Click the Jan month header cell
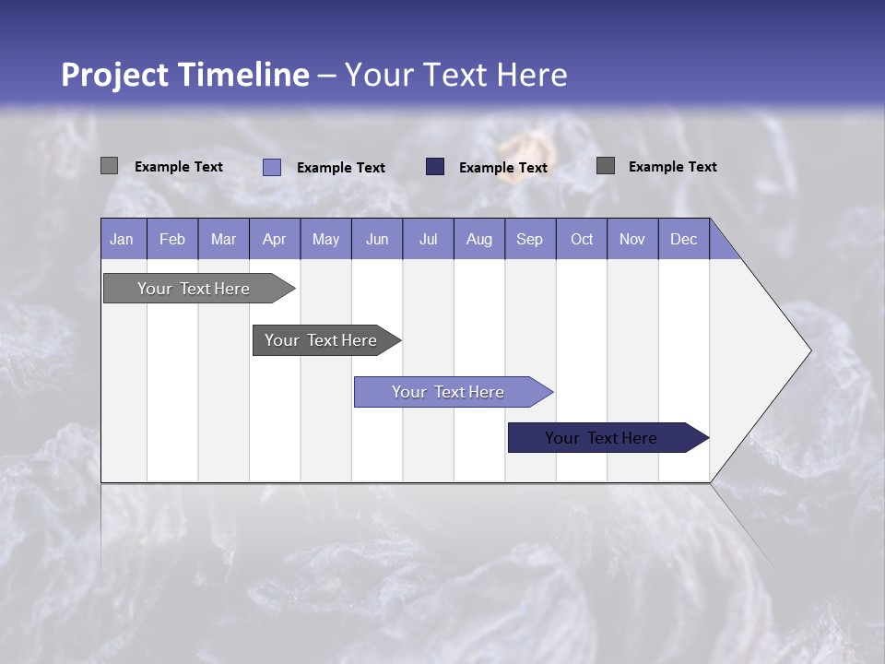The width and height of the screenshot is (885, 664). tap(123, 239)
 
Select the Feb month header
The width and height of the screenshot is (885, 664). tap(172, 239)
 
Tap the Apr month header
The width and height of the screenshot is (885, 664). tap(274, 239)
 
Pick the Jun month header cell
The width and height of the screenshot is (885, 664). tap(376, 239)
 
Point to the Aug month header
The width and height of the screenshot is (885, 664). tap(478, 239)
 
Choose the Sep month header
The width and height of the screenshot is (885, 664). tap(529, 239)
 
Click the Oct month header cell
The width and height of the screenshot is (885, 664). tap(581, 239)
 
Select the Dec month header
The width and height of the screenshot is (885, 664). tap(683, 239)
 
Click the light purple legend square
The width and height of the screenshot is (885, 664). tap(272, 167)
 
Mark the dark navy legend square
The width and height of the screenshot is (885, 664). tap(435, 167)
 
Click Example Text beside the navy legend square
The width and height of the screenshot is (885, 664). tap(502, 168)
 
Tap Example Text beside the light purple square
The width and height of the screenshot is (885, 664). tap(340, 168)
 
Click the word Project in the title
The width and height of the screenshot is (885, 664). tap(112, 75)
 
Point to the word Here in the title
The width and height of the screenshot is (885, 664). tap(532, 75)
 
